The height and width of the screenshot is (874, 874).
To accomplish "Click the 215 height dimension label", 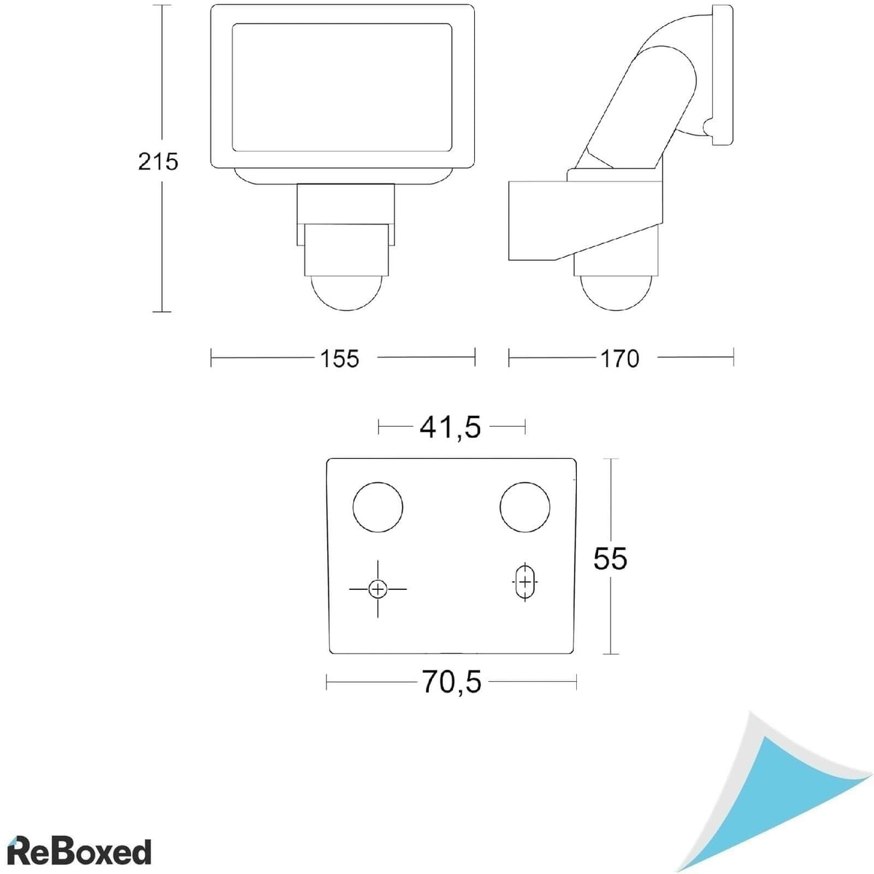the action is coord(158,162).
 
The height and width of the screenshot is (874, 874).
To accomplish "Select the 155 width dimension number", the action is coord(339,359).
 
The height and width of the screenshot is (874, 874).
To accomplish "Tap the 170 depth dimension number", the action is coord(620,359).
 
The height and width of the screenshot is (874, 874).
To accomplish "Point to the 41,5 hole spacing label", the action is coord(450,428).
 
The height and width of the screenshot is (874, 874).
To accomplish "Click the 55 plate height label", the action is coord(610,559).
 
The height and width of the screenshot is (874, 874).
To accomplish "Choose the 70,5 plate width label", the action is coord(452,682).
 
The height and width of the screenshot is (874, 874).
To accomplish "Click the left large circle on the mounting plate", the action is coord(378,507).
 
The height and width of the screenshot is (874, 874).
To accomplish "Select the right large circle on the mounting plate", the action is coord(524,507).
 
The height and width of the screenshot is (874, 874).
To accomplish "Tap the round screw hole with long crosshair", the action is coord(377,589).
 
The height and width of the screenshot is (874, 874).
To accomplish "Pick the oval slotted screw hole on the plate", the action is coord(524,582).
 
